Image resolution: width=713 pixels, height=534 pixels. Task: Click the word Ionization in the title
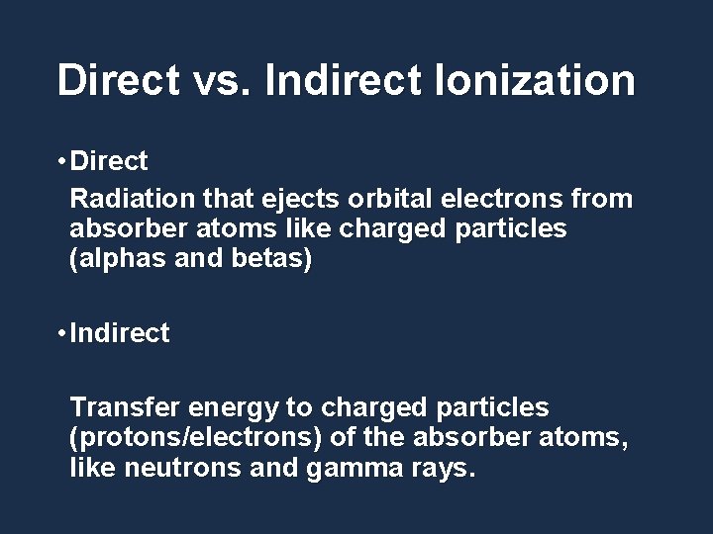(x=535, y=80)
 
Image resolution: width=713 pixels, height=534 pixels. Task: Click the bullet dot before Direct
(x=61, y=161)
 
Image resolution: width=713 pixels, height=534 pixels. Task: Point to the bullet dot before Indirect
(x=61, y=334)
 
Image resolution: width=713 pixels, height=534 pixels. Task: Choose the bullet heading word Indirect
(x=120, y=334)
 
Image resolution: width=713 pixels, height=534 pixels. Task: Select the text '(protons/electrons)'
(x=205, y=436)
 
